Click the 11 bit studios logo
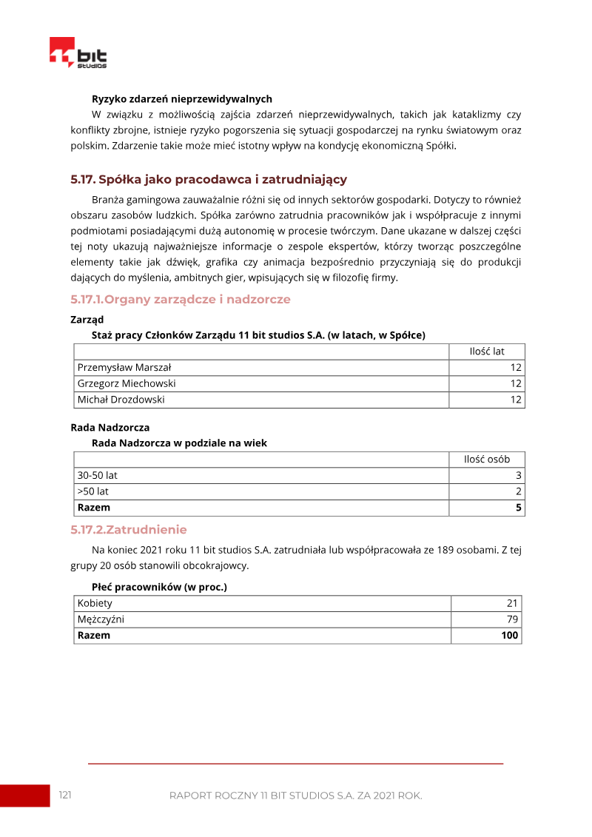[78, 54]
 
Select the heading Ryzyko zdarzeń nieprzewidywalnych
[182, 98]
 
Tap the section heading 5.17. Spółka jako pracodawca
[209, 180]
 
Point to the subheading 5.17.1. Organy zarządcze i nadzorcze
[181, 300]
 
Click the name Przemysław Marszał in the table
[124, 368]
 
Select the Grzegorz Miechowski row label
[127, 383]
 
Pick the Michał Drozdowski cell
[121, 400]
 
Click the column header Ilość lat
[487, 352]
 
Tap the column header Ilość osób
[487, 460]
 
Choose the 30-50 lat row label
[98, 475]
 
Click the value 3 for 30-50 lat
[519, 475]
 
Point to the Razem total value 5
[519, 508]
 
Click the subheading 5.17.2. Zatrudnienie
[129, 530]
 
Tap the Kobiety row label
[95, 603]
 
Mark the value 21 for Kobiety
[512, 603]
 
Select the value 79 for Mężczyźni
[512, 619]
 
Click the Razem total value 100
[510, 636]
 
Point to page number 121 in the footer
[65, 795]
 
